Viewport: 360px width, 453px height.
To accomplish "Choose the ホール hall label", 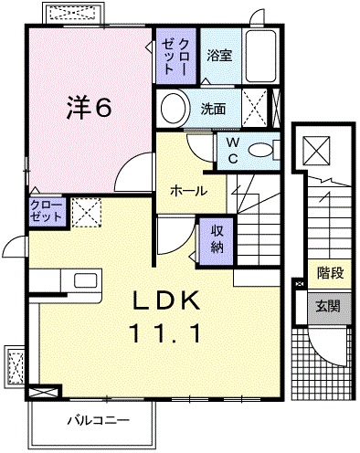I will point(186,192).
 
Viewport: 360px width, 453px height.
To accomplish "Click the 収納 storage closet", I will point(217,237).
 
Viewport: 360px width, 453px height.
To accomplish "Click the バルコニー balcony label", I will point(97,421).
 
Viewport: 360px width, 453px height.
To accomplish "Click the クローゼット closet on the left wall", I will point(45,212).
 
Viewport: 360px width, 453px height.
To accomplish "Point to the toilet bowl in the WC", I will point(263,149).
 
